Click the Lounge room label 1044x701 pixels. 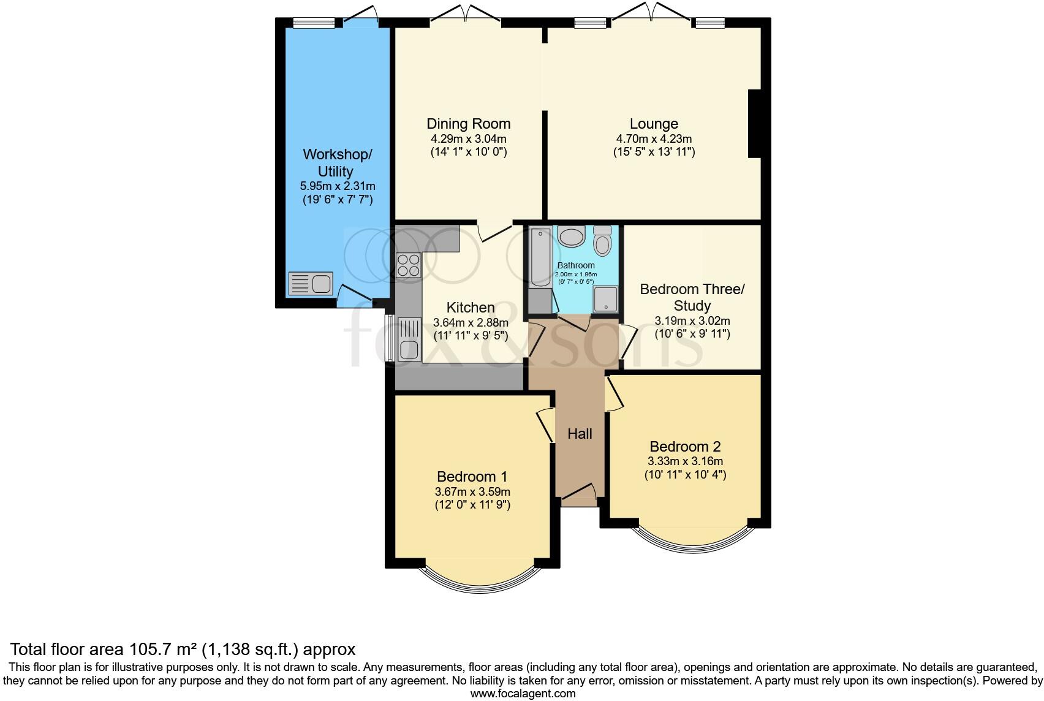pyautogui.click(x=654, y=124)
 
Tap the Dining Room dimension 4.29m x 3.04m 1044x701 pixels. pyautogui.click(x=468, y=138)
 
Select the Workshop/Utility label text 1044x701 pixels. pyautogui.click(x=336, y=162)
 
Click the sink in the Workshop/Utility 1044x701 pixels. pyautogui.click(x=311, y=284)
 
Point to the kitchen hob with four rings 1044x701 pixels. pyautogui.click(x=408, y=265)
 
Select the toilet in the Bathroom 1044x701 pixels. pyautogui.click(x=603, y=241)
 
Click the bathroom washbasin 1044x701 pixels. pyautogui.click(x=572, y=236)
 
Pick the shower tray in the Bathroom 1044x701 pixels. pyautogui.click(x=605, y=299)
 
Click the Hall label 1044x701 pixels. pyautogui.click(x=579, y=434)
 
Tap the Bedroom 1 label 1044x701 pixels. pyautogui.click(x=472, y=476)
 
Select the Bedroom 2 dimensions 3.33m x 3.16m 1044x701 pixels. pyautogui.click(x=685, y=461)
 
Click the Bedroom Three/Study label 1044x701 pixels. pyautogui.click(x=692, y=297)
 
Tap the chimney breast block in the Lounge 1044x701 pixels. pyautogui.click(x=754, y=124)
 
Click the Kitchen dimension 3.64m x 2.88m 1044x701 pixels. pyautogui.click(x=471, y=323)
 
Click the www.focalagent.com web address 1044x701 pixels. pyautogui.click(x=523, y=694)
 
